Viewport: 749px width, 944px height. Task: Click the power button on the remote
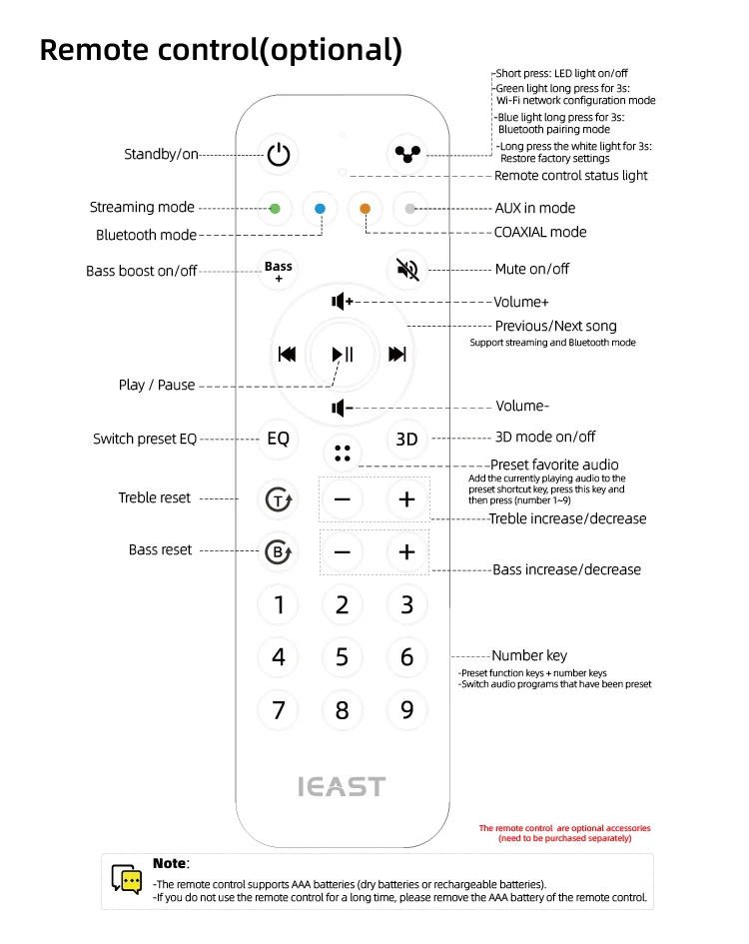click(x=279, y=154)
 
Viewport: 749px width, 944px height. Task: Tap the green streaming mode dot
click(x=274, y=209)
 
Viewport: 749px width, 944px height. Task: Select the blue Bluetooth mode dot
click(x=320, y=209)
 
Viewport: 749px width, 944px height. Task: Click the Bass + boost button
click(x=279, y=271)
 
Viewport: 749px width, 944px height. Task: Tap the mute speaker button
click(x=406, y=269)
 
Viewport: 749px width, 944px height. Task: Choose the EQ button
click(x=278, y=439)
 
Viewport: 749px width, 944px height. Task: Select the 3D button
click(x=406, y=439)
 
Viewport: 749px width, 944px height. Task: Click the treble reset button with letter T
click(x=278, y=499)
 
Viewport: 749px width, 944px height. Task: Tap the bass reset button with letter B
click(x=278, y=551)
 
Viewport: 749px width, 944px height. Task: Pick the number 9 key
click(x=407, y=710)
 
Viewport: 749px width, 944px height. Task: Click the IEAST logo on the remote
click(x=342, y=786)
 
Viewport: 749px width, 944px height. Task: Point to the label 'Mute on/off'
click(x=532, y=270)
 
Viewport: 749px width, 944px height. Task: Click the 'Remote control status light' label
click(x=571, y=176)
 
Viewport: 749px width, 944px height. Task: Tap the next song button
click(x=397, y=354)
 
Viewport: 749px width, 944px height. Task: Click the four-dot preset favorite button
click(x=343, y=453)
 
